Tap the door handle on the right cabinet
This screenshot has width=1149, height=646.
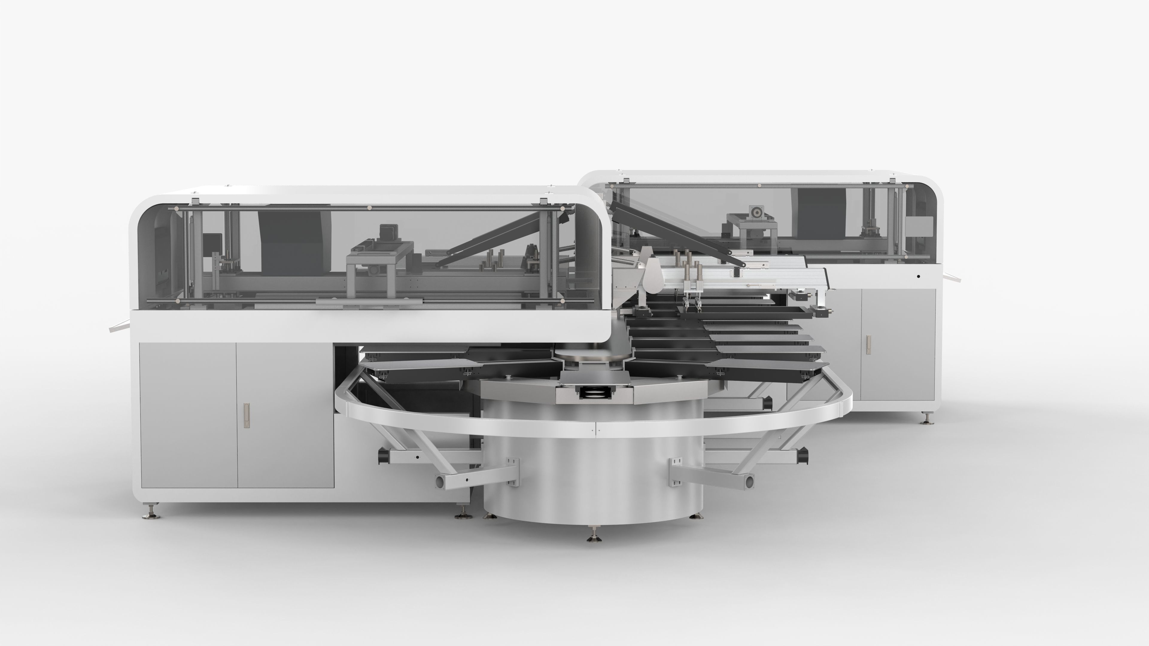tap(868, 344)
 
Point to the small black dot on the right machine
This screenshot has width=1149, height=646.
tap(918, 276)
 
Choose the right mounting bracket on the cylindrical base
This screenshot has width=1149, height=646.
tap(676, 471)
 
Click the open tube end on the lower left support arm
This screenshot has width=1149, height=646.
tap(440, 482)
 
